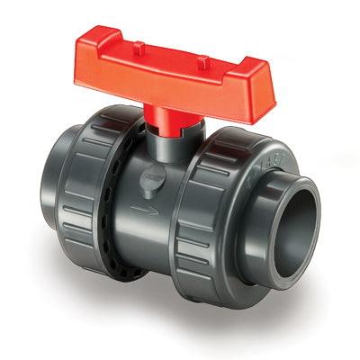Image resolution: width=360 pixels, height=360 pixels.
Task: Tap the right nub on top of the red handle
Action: (204, 61)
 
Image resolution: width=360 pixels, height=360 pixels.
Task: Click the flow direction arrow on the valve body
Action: (141, 213)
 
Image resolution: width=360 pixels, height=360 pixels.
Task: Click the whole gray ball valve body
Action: (180, 207)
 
